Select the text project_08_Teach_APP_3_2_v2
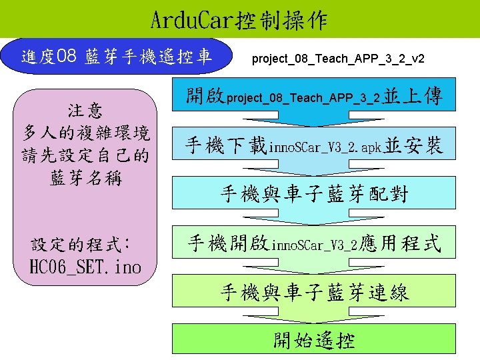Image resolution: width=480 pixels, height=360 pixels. (338, 59)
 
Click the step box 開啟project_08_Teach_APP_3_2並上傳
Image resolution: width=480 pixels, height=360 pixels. (314, 98)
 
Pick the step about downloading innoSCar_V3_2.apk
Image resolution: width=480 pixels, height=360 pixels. (314, 145)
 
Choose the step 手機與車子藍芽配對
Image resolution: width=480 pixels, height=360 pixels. (314, 194)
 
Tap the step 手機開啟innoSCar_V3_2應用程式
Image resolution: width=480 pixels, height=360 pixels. (314, 243)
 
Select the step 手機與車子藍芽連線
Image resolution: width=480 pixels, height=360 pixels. (314, 292)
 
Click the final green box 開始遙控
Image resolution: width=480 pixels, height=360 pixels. (314, 340)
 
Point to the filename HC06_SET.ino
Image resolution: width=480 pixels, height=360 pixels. (86, 267)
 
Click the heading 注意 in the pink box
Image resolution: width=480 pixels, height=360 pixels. (85, 110)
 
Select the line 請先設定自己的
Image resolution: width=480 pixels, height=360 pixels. (85, 155)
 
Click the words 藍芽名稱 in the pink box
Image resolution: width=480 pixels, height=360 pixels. (85, 178)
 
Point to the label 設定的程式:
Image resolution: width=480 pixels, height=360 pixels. (83, 244)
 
